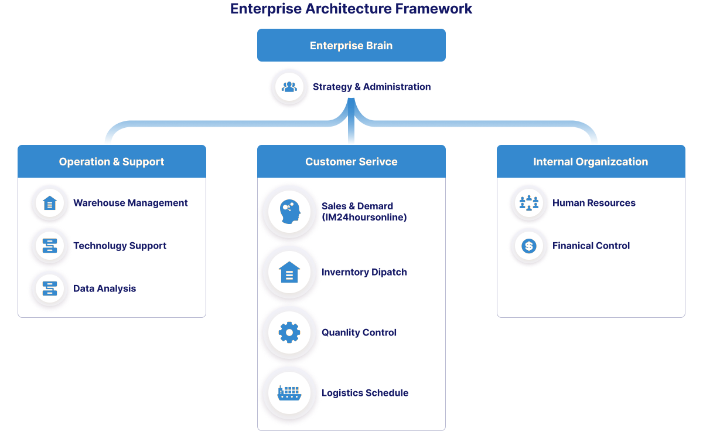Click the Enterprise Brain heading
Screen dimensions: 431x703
351,46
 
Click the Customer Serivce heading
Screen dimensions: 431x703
351,162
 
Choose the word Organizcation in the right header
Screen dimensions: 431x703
613,162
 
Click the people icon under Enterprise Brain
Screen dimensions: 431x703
289,87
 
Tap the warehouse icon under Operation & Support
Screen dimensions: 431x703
50,203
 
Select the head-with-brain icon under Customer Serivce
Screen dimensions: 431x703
289,211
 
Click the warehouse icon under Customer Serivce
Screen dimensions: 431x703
289,273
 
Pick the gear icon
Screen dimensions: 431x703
289,333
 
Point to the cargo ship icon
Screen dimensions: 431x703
289,392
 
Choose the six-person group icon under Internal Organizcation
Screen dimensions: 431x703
528,203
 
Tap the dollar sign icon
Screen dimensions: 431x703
528,246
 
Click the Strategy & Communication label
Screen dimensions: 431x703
372,89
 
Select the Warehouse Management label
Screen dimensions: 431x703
130,203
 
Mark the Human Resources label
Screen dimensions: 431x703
593,203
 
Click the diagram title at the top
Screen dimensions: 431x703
351,10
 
